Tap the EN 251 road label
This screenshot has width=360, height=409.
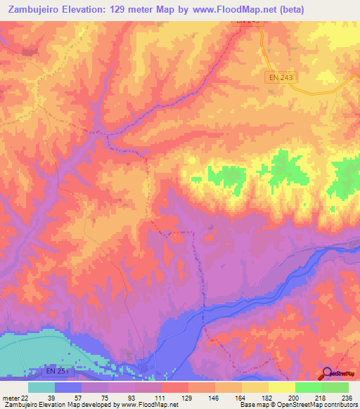click(45, 370)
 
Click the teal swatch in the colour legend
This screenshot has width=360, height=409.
click(41, 387)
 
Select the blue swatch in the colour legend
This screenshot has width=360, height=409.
click(68, 387)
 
